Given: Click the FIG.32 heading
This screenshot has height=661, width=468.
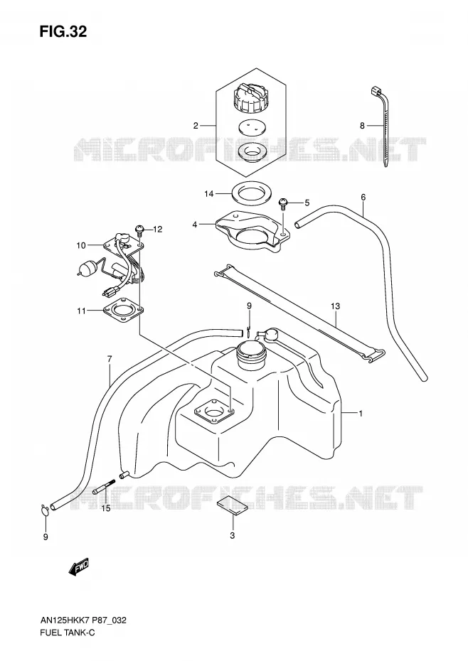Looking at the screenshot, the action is coord(63,31).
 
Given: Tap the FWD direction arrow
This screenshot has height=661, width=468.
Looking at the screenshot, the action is coord(79,567).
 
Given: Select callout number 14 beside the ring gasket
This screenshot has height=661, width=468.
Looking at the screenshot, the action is coord(209,194).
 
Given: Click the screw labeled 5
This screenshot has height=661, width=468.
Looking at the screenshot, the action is coord(283,204).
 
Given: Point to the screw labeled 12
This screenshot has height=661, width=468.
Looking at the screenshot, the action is coord(139,230).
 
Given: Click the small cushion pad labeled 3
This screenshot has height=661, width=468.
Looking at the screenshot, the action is coord(231,506).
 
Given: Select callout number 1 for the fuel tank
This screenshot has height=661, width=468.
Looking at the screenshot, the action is coord(361,414).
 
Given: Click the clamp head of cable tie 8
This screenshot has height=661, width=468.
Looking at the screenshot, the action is coord(376,91).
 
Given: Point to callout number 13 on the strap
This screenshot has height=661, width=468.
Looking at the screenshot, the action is coord(335,306).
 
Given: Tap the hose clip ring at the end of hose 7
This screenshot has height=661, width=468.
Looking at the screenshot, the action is coord(46,510).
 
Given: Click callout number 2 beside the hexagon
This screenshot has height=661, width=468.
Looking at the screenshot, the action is coord(196,125).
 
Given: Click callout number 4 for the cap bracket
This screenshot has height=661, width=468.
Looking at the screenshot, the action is coord(195,225).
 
